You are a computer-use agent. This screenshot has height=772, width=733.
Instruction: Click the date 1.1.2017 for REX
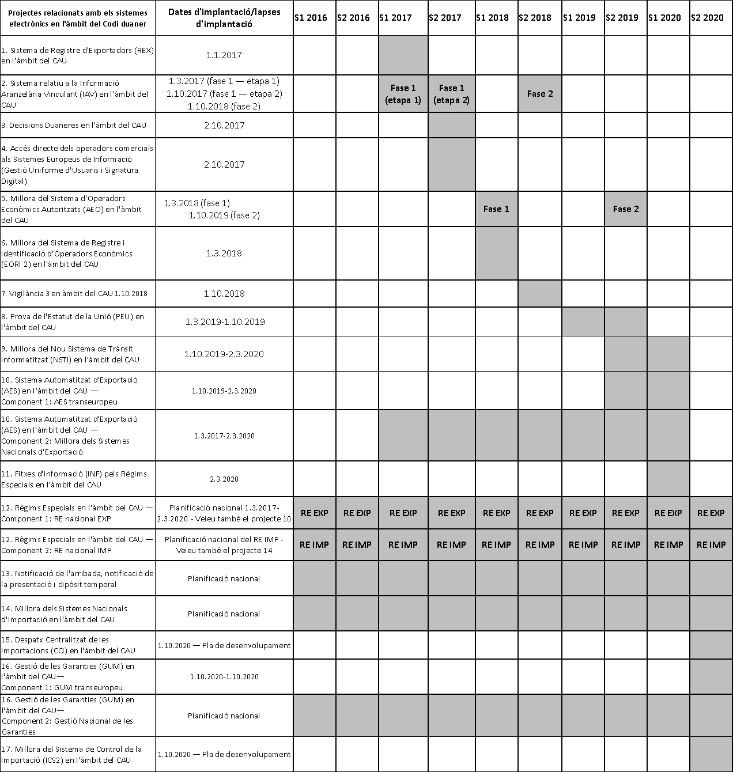(224, 55)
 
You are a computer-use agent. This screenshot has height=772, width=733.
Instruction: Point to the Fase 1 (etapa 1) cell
(403, 94)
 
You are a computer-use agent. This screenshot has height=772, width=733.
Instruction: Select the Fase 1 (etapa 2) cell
(451, 94)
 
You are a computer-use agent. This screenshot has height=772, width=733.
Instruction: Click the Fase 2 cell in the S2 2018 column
(539, 94)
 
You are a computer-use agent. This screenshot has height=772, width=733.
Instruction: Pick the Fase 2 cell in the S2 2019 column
(625, 209)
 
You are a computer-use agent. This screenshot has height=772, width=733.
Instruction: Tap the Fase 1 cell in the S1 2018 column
(496, 209)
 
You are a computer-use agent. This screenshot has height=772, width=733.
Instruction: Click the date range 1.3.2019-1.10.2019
(225, 322)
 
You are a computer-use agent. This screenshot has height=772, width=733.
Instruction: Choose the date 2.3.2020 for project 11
(224, 479)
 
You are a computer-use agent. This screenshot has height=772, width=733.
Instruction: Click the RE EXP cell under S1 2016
(314, 513)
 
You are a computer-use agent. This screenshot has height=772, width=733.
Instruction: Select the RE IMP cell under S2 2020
(711, 545)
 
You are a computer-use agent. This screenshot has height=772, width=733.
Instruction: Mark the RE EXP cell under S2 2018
(539, 513)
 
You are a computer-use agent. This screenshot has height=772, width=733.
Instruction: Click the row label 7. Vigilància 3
(74, 294)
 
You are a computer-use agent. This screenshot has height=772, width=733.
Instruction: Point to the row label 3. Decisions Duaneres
(74, 126)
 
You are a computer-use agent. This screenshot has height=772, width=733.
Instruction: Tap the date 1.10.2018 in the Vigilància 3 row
(224, 294)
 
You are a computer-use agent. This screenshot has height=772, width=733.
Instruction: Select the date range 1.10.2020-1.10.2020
(224, 677)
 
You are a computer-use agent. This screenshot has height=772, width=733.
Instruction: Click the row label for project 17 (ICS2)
(71, 755)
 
